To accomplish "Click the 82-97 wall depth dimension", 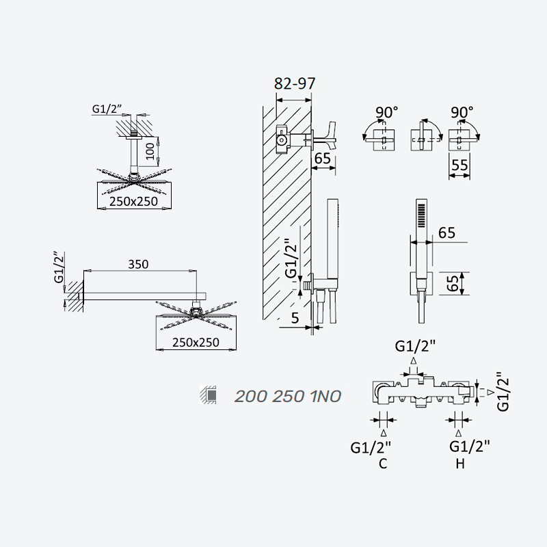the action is (x=295, y=83).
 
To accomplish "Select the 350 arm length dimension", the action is (x=138, y=265).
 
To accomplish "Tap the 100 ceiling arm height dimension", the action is (x=150, y=151).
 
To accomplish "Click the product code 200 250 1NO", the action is (x=287, y=397).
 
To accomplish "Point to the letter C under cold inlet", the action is (x=383, y=464).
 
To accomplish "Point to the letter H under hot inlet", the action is (x=460, y=464).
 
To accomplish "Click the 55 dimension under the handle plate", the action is (x=459, y=165).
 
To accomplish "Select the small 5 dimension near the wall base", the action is (x=295, y=318).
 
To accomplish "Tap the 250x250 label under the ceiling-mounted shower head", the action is (x=133, y=202).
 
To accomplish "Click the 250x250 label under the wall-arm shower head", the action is (x=196, y=343).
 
